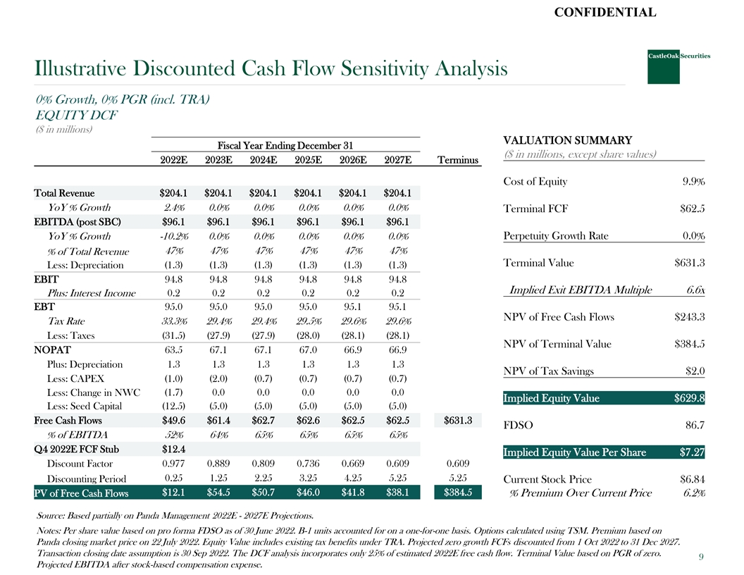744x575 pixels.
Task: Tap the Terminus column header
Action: coord(458,161)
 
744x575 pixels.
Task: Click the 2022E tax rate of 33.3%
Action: coord(173,321)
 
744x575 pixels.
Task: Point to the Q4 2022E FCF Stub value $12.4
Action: coord(173,449)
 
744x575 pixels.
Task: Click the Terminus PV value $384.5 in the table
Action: coord(459,492)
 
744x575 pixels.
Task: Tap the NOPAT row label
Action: coord(52,350)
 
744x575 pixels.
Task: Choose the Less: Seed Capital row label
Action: coord(84,406)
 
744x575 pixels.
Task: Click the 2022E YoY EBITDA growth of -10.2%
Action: coord(173,236)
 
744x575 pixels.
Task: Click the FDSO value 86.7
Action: coord(695,425)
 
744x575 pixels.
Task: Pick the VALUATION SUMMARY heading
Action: coord(568,140)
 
